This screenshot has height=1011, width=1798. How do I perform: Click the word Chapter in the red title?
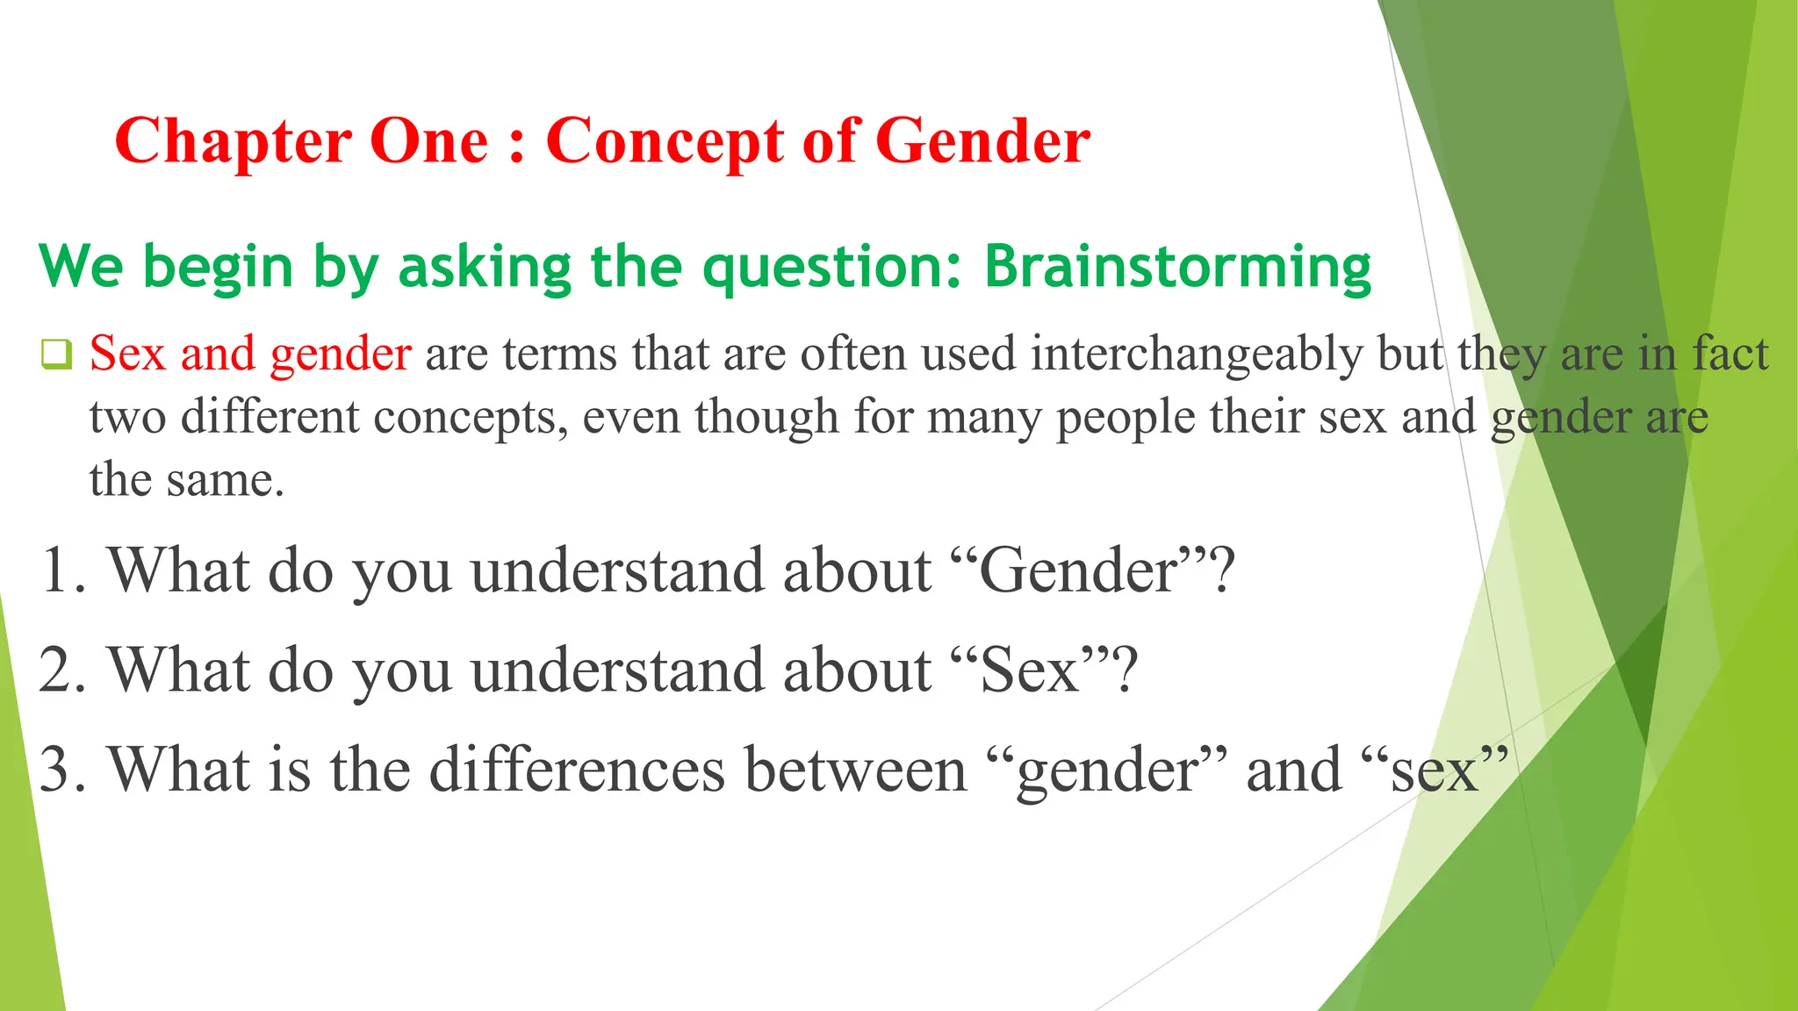[x=234, y=142]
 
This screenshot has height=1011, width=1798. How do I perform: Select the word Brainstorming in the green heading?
[x=1177, y=267]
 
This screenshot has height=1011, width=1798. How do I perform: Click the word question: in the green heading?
[x=833, y=269]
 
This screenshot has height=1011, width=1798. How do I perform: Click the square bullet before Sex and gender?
[x=56, y=355]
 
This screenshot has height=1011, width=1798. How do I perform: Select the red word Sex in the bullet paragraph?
[x=127, y=354]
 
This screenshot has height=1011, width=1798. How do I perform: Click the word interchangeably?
[x=1197, y=355]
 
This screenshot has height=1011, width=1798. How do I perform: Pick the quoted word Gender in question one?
[x=1079, y=571]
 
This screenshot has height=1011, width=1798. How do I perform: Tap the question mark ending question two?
[x=1125, y=669]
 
